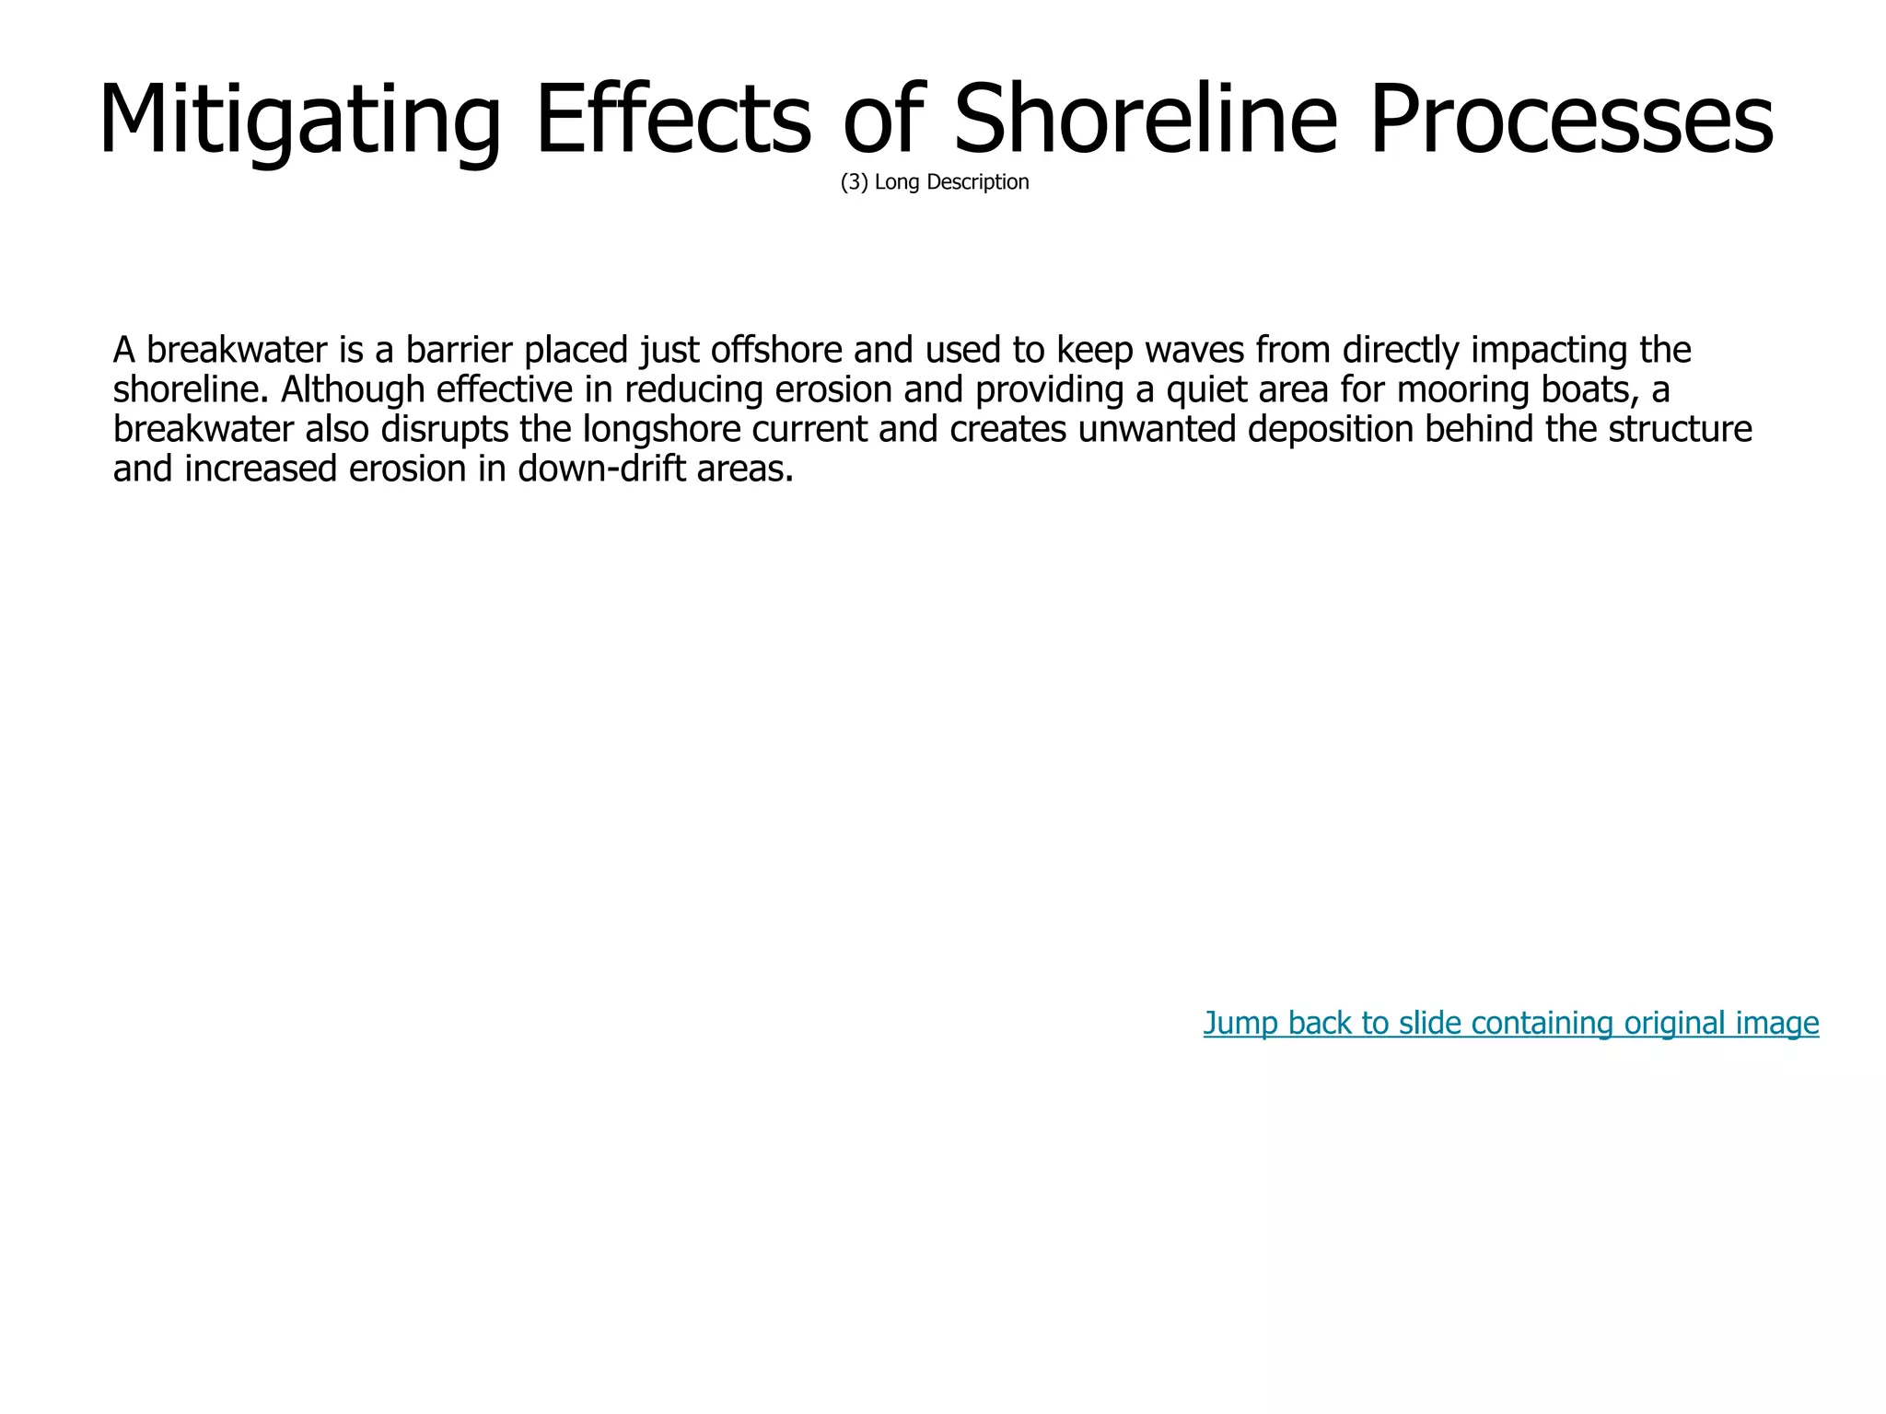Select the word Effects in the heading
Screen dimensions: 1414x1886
pyautogui.click(x=673, y=120)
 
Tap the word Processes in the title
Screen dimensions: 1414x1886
pyautogui.click(x=1570, y=120)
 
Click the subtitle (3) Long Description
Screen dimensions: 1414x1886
pyautogui.click(x=935, y=182)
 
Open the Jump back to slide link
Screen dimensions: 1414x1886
pyautogui.click(x=1510, y=1023)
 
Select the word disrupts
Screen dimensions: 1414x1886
pyautogui.click(x=445, y=430)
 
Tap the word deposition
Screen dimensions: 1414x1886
pyautogui.click(x=1330, y=430)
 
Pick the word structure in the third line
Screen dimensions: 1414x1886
pyautogui.click(x=1680, y=430)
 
